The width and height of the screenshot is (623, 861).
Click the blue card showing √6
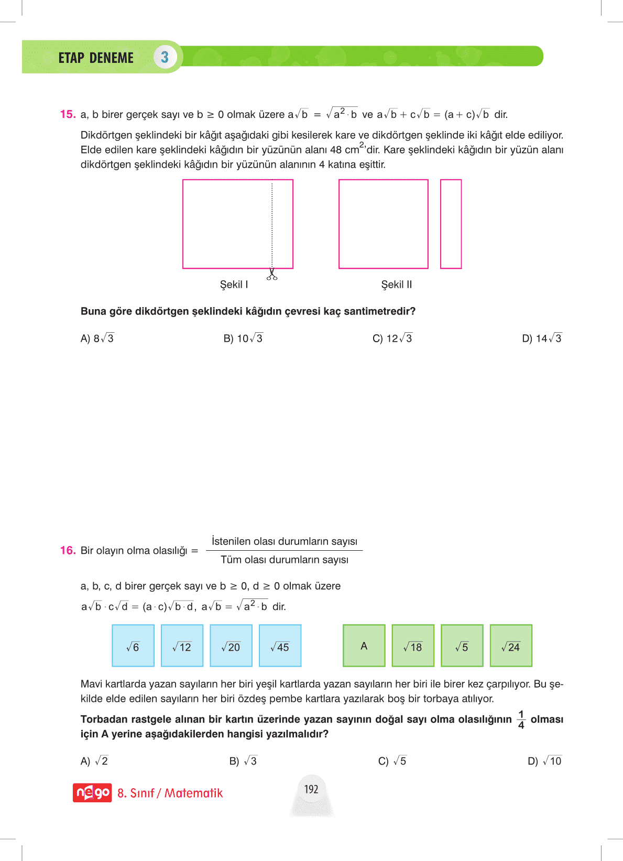(133, 646)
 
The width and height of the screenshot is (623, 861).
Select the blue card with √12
(182, 646)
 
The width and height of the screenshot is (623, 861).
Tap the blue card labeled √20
(231, 646)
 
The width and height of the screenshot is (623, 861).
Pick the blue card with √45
(280, 646)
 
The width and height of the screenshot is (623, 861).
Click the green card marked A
(364, 646)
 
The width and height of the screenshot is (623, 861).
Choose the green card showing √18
(413, 646)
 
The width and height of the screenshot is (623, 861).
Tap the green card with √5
(462, 646)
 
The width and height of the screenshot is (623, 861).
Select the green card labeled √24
(511, 646)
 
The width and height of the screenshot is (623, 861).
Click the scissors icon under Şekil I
(272, 274)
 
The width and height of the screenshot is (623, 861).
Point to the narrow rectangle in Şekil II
(451, 224)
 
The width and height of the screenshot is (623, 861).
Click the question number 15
(68, 114)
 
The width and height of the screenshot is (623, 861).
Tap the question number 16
(68, 550)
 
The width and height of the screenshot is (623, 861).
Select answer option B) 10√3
(243, 339)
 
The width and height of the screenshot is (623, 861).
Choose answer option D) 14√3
(542, 339)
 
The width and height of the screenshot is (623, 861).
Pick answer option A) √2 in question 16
(94, 761)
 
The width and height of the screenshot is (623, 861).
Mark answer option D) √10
(544, 761)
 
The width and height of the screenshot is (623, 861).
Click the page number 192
(311, 789)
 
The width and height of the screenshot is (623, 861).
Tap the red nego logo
(92, 793)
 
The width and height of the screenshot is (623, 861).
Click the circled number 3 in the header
(165, 57)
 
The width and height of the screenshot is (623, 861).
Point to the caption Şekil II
(397, 285)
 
